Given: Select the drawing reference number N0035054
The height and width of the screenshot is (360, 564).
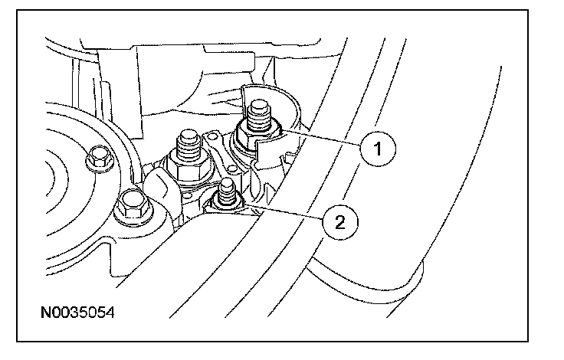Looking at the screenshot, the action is click(x=78, y=314).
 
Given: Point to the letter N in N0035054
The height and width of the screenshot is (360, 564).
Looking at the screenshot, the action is click(x=47, y=314).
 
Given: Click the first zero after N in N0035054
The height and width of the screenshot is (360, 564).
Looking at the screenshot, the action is click(x=56, y=314).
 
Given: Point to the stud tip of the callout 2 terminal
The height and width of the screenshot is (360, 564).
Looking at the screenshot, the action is click(x=226, y=186).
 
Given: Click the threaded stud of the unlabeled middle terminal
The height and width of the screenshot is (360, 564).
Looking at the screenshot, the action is click(x=186, y=142).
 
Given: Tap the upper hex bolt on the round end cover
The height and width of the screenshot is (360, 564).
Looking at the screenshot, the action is click(x=97, y=159).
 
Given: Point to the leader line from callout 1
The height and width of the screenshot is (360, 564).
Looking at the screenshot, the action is click(x=322, y=139).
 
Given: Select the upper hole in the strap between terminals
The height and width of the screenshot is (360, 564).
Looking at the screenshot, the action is click(x=218, y=145).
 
